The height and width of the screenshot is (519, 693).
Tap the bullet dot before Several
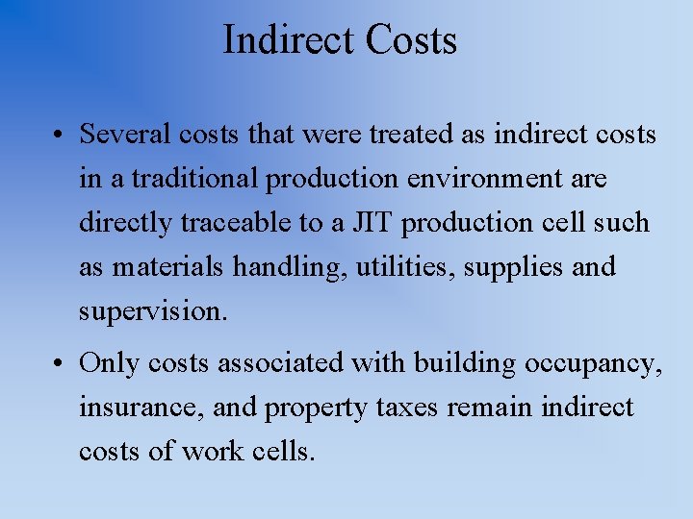(x=60, y=136)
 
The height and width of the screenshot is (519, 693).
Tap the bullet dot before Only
(x=60, y=364)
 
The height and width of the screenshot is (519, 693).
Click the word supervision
(x=153, y=311)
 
